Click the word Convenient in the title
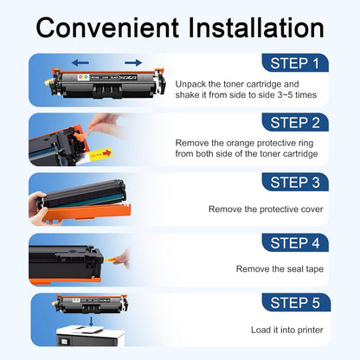tap(107, 28)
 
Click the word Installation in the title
tap(256, 28)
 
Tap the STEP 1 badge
tap(295, 63)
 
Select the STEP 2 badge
tap(295, 122)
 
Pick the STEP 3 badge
tap(295, 182)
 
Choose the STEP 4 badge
tap(295, 242)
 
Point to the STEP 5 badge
tap(296, 303)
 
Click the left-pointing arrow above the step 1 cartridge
tap(80, 62)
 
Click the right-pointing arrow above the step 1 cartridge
tap(133, 62)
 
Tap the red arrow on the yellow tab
tap(107, 153)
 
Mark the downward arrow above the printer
tap(91, 322)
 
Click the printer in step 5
tap(90, 336)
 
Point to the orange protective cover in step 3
tap(87, 214)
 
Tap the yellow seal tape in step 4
tap(112, 260)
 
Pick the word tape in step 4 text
tap(315, 269)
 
